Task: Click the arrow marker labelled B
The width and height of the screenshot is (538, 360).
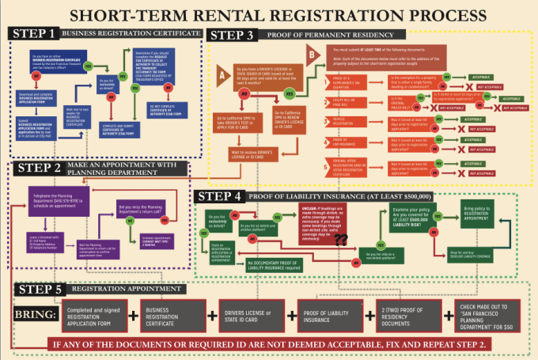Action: coord(312,55)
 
